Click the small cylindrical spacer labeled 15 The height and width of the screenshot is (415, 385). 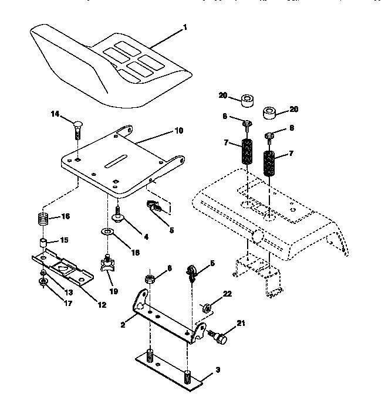(43, 243)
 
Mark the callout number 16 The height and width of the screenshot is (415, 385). (66, 217)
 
